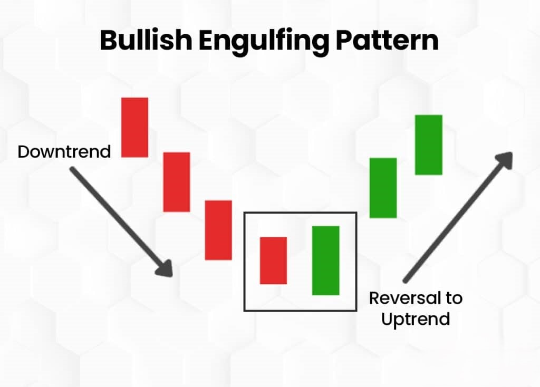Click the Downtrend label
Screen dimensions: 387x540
coord(64,152)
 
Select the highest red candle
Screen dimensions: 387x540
coord(135,127)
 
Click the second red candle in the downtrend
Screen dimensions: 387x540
coord(176,182)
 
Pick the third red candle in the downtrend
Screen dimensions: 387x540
coord(218,230)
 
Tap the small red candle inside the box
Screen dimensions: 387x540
coord(274,260)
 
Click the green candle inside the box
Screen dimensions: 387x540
coord(326,260)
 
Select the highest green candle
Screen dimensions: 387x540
coord(429,144)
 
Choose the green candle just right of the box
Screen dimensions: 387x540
coord(383,188)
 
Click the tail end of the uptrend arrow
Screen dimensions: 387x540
coord(406,280)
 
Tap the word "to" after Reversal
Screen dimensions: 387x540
coord(454,298)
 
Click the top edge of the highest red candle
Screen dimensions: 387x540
coord(135,98)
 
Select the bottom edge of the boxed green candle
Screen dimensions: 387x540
coord(326,294)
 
